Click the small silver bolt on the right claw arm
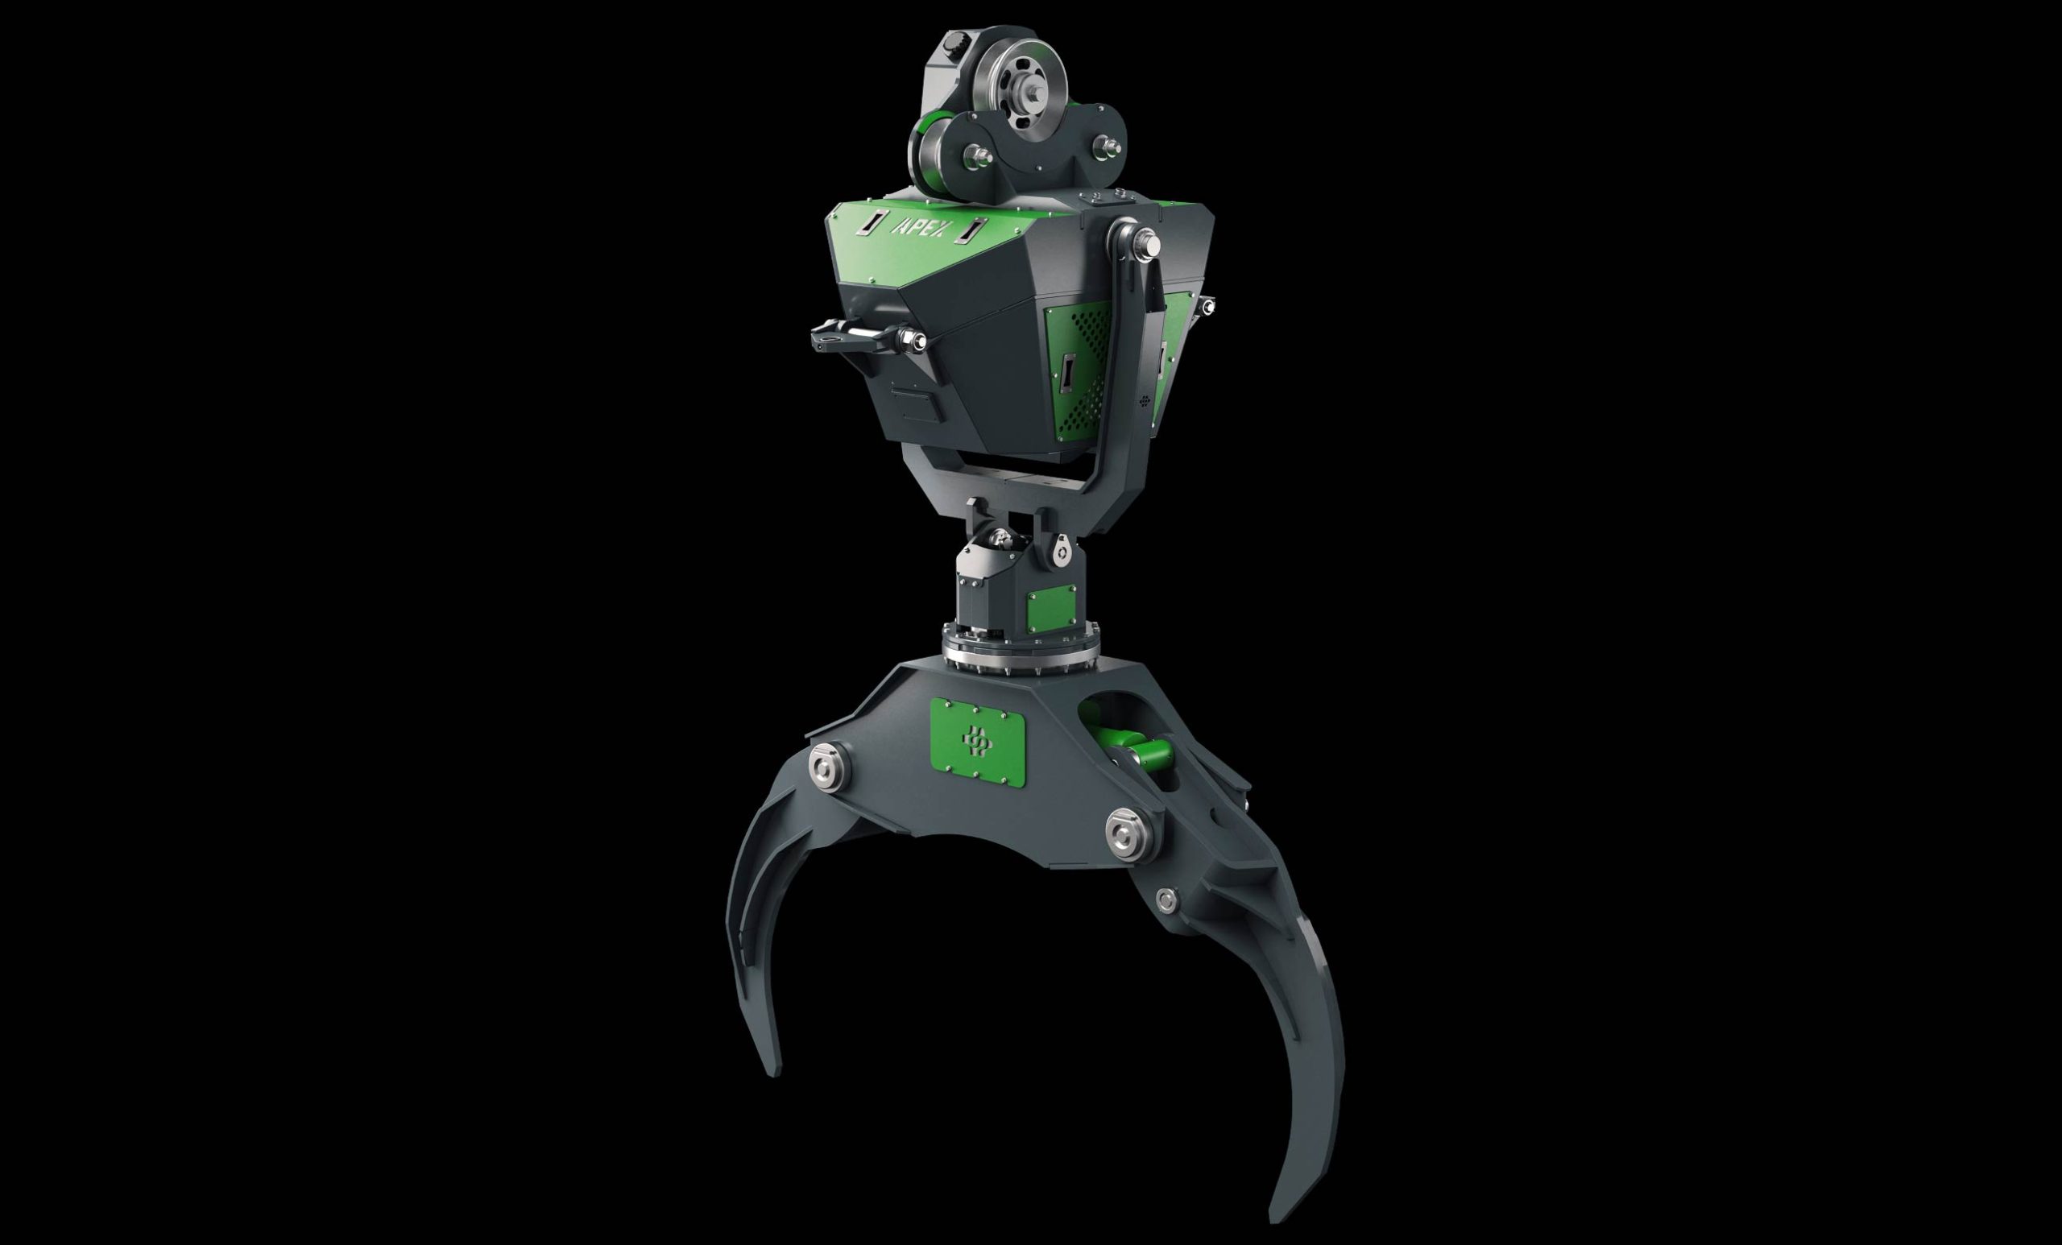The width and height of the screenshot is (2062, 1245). [1165, 900]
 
